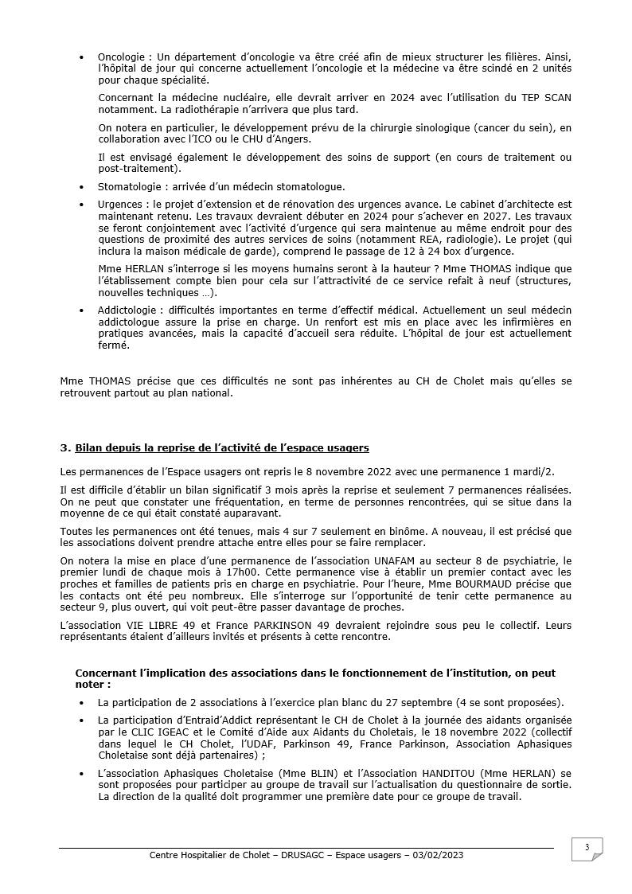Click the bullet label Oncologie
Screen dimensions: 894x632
point(120,57)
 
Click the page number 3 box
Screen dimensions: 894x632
point(587,849)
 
